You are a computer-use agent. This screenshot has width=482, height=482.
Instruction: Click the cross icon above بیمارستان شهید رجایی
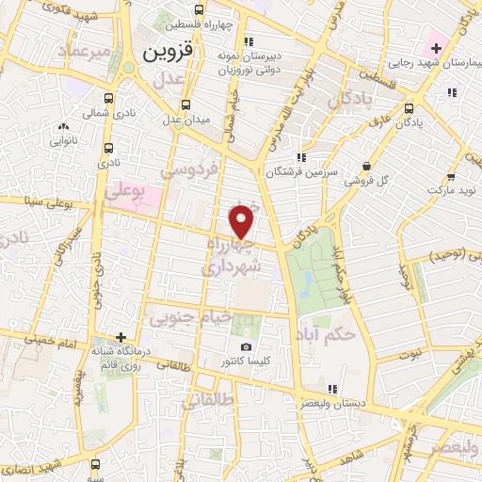coord(436,46)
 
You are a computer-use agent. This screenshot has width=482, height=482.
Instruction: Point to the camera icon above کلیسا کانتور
coord(247,347)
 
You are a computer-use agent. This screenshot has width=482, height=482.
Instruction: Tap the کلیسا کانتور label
coord(246,361)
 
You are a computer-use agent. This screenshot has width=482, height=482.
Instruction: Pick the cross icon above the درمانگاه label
coord(120,336)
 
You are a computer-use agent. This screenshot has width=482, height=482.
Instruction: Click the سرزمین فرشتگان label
coord(299,172)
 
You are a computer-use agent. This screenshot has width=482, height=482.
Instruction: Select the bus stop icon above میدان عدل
coord(185,104)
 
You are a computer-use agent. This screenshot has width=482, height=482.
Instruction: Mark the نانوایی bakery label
coord(63,139)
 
